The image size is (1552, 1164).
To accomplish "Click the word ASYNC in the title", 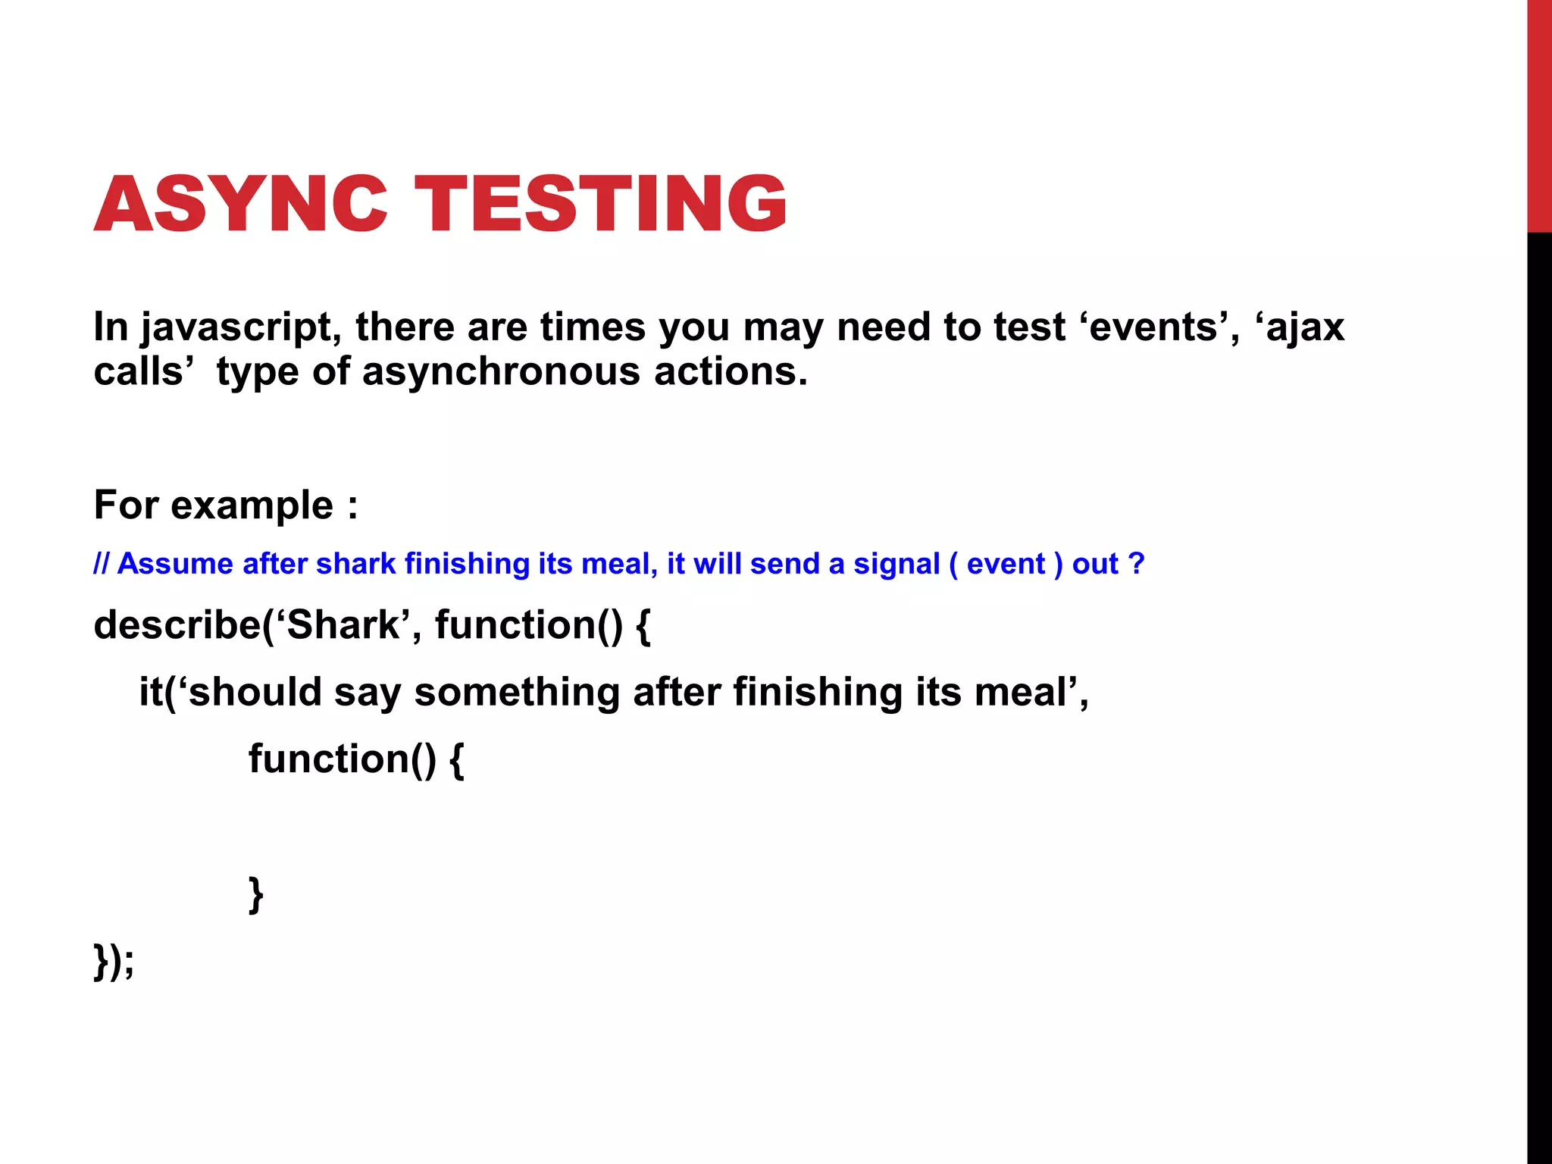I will click(240, 205).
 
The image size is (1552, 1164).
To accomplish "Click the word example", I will click(252, 505).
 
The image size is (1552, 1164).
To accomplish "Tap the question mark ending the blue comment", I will click(1135, 565).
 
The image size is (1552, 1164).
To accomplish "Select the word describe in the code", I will click(177, 625).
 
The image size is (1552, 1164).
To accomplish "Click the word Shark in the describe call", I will click(343, 625).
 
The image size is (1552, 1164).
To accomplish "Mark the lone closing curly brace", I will click(256, 895).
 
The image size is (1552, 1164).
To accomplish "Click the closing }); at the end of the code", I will click(114, 962).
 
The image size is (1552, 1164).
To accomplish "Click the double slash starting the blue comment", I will click(102, 565).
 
